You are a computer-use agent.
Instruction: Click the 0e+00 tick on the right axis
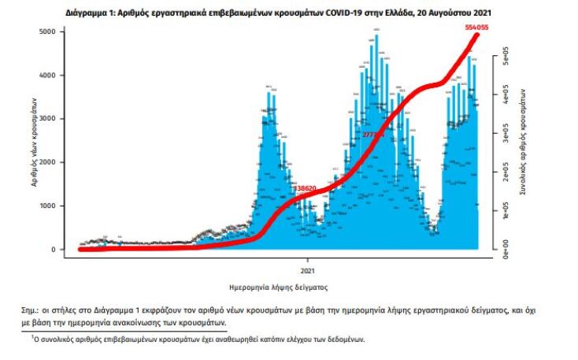tap(496, 249)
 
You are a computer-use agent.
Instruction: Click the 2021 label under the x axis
tap(307, 262)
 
